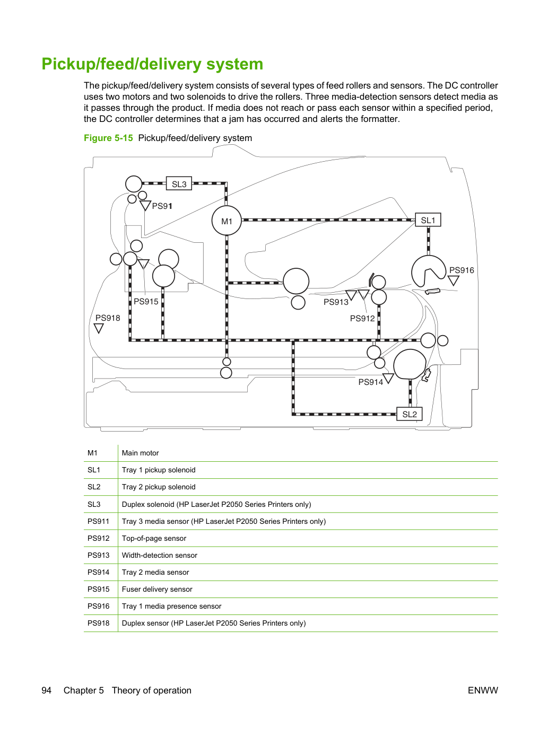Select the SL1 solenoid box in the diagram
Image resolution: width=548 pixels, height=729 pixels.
pyautogui.click(x=428, y=220)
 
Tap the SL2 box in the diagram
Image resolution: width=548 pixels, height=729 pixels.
pyautogui.click(x=410, y=414)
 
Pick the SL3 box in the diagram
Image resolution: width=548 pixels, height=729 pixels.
pyautogui.click(x=179, y=183)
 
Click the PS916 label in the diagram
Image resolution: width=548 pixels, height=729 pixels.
pyautogui.click(x=462, y=270)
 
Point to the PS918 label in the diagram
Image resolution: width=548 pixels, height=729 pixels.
pyautogui.click(x=108, y=318)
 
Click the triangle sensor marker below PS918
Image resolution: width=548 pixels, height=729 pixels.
pyautogui.click(x=99, y=328)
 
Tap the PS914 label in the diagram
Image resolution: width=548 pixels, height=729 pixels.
pyautogui.click(x=370, y=382)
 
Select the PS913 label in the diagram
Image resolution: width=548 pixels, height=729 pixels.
pyautogui.click(x=336, y=302)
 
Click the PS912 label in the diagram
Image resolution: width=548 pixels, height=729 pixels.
pyautogui.click(x=362, y=319)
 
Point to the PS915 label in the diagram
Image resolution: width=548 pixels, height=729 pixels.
pyautogui.click(x=146, y=302)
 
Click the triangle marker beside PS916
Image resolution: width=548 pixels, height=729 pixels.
pyautogui.click(x=453, y=280)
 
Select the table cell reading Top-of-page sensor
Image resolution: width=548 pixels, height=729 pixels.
pyautogui.click(x=154, y=538)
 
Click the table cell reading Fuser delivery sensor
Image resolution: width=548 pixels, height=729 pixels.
pyautogui.click(x=157, y=589)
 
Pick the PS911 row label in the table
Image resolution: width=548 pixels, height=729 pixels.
pyautogui.click(x=98, y=521)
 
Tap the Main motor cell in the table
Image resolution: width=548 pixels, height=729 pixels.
pyautogui.click(x=140, y=453)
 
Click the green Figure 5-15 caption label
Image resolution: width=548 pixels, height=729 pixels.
pyautogui.click(x=108, y=138)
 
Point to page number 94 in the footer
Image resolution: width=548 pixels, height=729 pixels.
pyautogui.click(x=46, y=690)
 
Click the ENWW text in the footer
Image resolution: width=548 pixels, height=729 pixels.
pyautogui.click(x=483, y=690)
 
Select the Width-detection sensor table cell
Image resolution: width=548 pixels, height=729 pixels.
pyautogui.click(x=160, y=555)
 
